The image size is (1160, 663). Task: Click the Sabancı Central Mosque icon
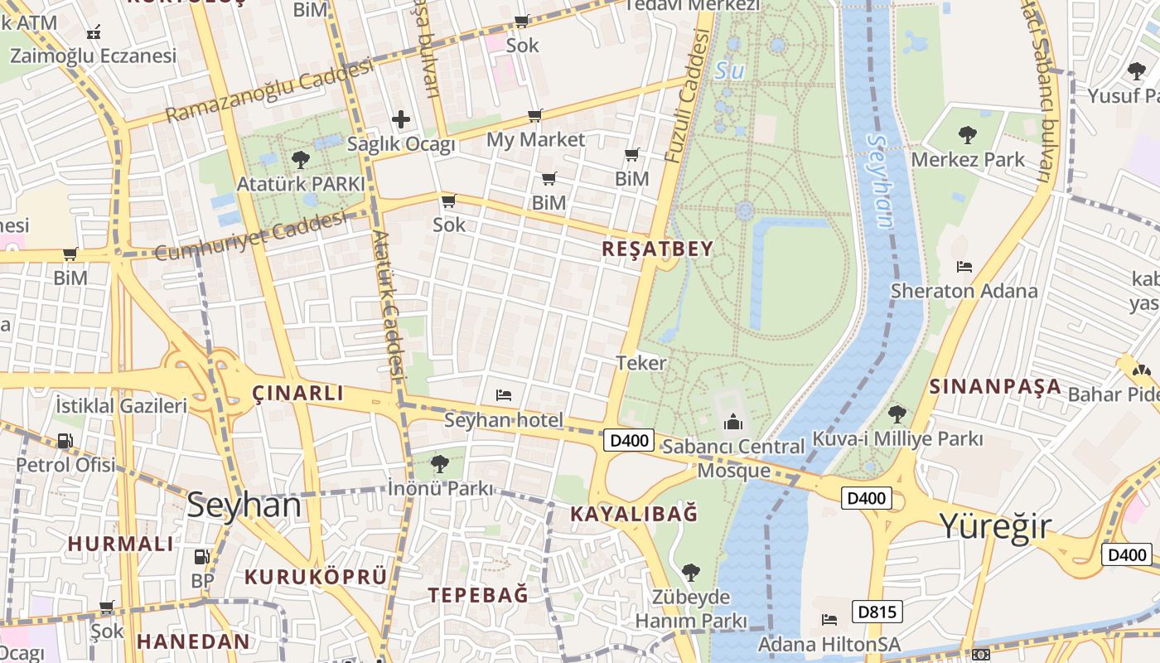[733, 423]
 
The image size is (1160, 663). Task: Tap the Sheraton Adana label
[964, 291]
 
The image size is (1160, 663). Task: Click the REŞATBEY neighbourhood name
[657, 249]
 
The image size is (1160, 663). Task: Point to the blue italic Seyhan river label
[882, 181]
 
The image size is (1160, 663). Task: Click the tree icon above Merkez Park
[967, 134]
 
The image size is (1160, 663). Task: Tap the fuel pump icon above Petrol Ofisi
[65, 442]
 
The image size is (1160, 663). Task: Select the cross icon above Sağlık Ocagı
[401, 119]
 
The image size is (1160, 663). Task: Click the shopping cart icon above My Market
[535, 116]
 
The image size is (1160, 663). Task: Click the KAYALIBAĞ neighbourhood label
[634, 514]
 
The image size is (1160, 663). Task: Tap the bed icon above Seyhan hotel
[503, 395]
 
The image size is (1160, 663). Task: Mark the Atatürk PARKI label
[301, 184]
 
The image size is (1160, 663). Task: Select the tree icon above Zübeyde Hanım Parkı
[690, 572]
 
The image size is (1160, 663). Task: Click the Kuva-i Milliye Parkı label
[897, 438]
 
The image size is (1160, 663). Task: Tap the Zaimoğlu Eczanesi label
[93, 56]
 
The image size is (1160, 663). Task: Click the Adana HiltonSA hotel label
[829, 644]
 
